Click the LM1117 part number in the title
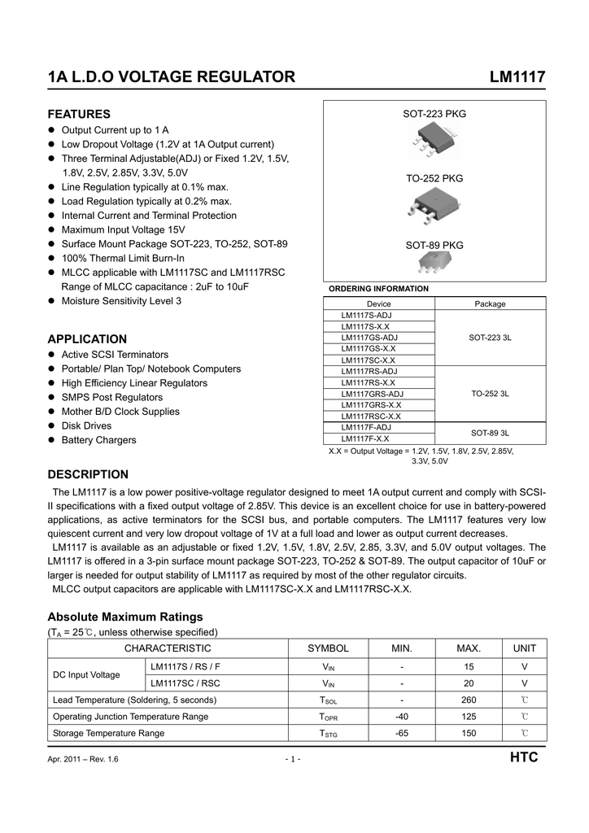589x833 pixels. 517,77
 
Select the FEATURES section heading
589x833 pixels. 79,114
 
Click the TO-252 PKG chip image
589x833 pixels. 433,208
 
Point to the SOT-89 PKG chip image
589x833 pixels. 434,262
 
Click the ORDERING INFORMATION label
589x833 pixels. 377,289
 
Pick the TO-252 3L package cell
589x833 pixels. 490,394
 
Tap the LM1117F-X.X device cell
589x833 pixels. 365,438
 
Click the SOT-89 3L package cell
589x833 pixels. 490,432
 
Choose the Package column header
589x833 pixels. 490,303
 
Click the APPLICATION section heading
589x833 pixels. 87,339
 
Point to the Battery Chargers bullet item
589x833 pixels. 98,440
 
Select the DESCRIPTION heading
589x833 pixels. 88,474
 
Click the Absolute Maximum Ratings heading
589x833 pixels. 125,617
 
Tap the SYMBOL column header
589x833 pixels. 328,648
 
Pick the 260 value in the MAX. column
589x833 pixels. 469,700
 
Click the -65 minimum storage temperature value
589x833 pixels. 401,733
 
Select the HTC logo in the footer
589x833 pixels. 523,758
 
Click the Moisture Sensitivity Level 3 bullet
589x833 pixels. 121,301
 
